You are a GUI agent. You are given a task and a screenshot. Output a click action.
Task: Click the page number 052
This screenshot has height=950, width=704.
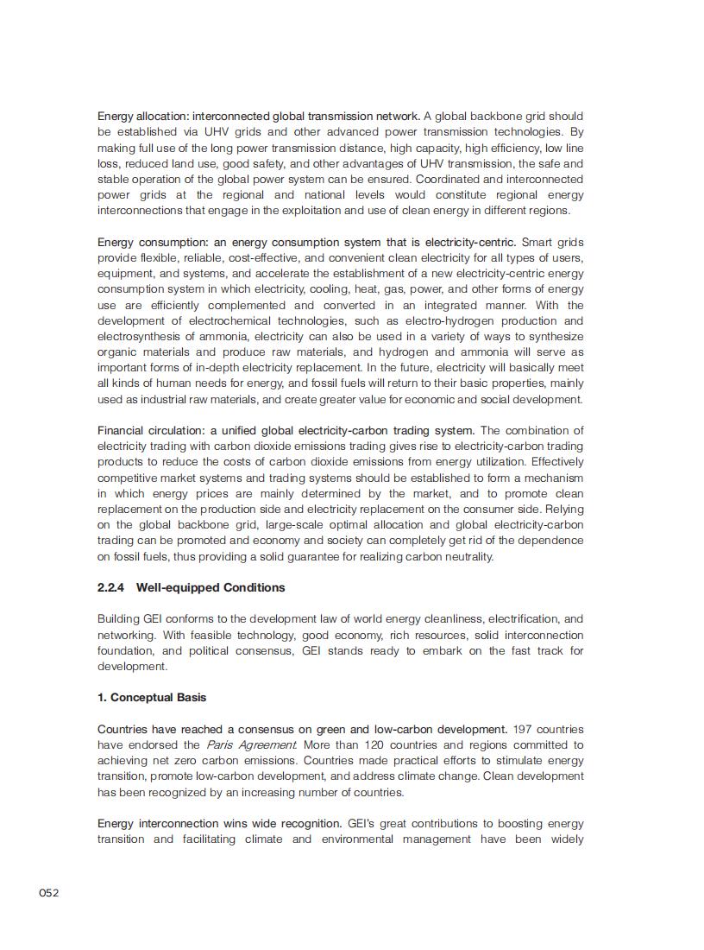tap(48, 892)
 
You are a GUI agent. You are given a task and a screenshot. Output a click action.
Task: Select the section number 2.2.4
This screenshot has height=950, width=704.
tap(111, 587)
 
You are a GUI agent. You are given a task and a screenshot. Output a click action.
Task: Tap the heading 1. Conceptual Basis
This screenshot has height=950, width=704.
tap(152, 697)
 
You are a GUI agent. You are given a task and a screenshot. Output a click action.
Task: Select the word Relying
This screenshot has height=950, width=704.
tap(564, 509)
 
